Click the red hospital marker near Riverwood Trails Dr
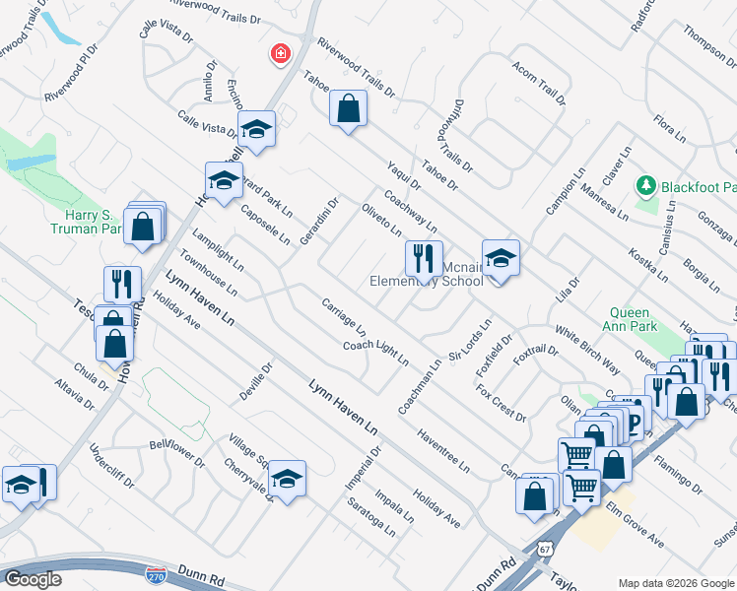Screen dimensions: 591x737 click(x=281, y=53)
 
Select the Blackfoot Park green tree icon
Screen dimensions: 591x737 click(x=646, y=184)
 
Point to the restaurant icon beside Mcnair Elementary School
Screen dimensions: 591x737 click(x=424, y=258)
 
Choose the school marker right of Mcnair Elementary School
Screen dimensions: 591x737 click(x=501, y=258)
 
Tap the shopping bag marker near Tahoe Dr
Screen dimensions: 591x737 click(x=349, y=108)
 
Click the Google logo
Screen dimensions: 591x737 click(x=33, y=578)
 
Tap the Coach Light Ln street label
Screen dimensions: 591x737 click(x=375, y=352)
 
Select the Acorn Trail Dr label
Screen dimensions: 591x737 click(x=539, y=83)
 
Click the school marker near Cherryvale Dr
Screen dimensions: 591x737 click(x=287, y=479)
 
